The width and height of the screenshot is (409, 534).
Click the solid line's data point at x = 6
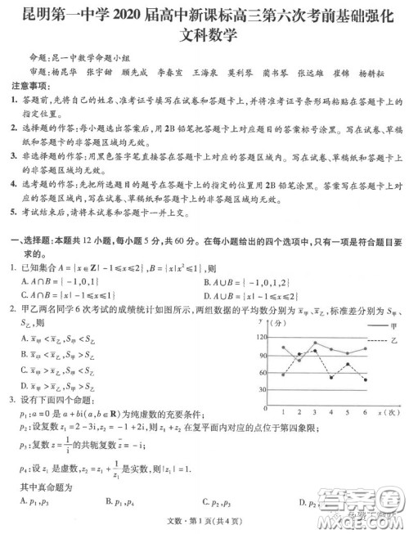[365, 348]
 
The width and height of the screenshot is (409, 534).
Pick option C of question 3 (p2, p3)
[218, 500]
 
